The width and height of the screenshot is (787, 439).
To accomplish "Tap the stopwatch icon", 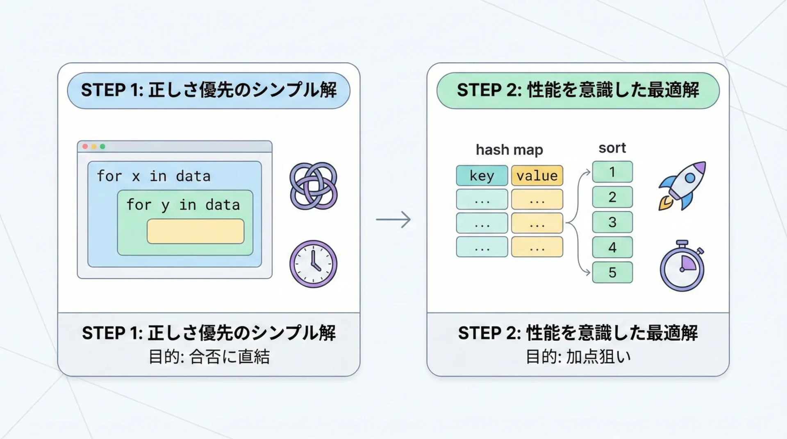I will tap(682, 267).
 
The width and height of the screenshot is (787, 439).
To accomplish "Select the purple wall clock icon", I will tap(313, 264).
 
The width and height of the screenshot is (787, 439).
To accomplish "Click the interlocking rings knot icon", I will tap(314, 186).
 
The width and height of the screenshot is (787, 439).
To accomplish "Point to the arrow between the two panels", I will tap(393, 220).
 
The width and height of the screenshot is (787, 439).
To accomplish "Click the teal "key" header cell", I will tap(482, 176).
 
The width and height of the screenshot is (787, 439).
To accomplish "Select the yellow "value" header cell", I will tap(537, 176).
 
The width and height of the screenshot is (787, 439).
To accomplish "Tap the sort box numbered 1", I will tap(612, 172).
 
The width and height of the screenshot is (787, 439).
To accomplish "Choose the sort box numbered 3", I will tap(612, 222).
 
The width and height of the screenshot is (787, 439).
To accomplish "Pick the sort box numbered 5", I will tap(612, 272).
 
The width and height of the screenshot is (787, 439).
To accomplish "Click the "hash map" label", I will tap(509, 150).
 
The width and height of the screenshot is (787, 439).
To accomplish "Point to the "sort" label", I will tap(612, 148).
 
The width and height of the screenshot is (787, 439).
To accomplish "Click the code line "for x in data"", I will tap(154, 176).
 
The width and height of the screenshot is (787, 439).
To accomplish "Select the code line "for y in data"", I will tap(183, 205).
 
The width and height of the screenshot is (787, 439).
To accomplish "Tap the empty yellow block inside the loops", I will tap(196, 231).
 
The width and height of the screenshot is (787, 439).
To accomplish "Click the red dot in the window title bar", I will tap(85, 147).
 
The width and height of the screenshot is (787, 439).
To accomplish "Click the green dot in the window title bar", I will tap(102, 147).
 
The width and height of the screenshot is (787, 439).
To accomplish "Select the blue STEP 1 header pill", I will tap(209, 91).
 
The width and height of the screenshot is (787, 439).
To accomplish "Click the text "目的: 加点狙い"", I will tap(578, 357).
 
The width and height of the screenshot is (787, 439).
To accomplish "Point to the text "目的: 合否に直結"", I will tap(209, 357).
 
